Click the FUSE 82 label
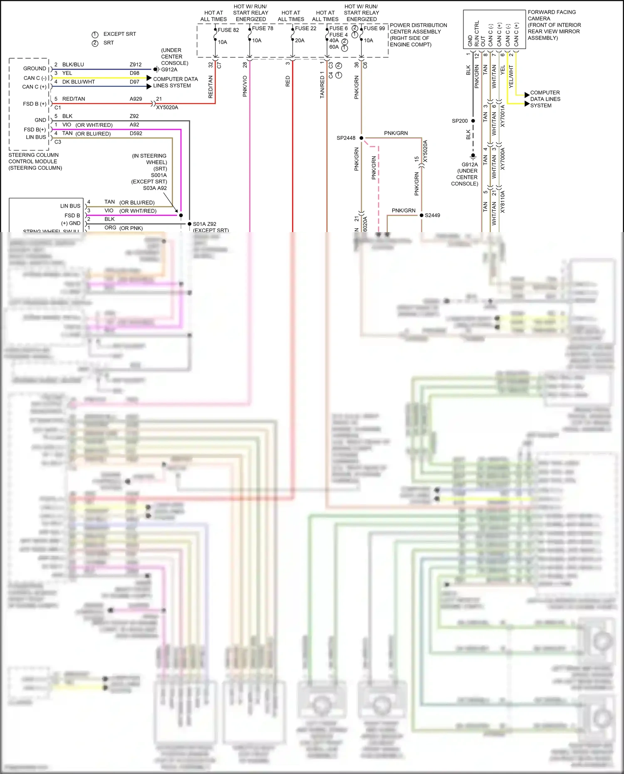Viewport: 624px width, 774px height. coord(228,30)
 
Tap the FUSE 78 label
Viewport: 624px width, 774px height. coord(262,28)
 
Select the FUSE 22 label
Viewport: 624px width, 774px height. coord(305,28)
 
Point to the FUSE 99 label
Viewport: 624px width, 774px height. coord(374,28)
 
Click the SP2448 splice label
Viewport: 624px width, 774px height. coord(346,138)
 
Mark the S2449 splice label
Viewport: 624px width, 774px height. coord(432,215)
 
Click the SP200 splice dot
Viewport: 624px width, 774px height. coord(473,121)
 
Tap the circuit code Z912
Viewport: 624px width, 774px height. coord(136,64)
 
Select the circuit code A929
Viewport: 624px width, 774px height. coord(136,99)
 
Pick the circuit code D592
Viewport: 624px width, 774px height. coord(136,134)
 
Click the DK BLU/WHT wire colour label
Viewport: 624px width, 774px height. coord(79,82)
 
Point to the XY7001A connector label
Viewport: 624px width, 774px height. coord(503,116)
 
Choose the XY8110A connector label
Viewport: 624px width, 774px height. coord(503,202)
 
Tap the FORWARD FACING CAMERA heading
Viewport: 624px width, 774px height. coord(552,15)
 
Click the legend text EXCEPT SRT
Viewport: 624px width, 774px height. coord(119,34)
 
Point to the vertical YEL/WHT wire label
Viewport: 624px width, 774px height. coord(511,76)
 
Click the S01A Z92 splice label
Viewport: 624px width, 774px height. coord(204,224)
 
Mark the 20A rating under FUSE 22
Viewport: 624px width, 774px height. coord(300,40)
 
